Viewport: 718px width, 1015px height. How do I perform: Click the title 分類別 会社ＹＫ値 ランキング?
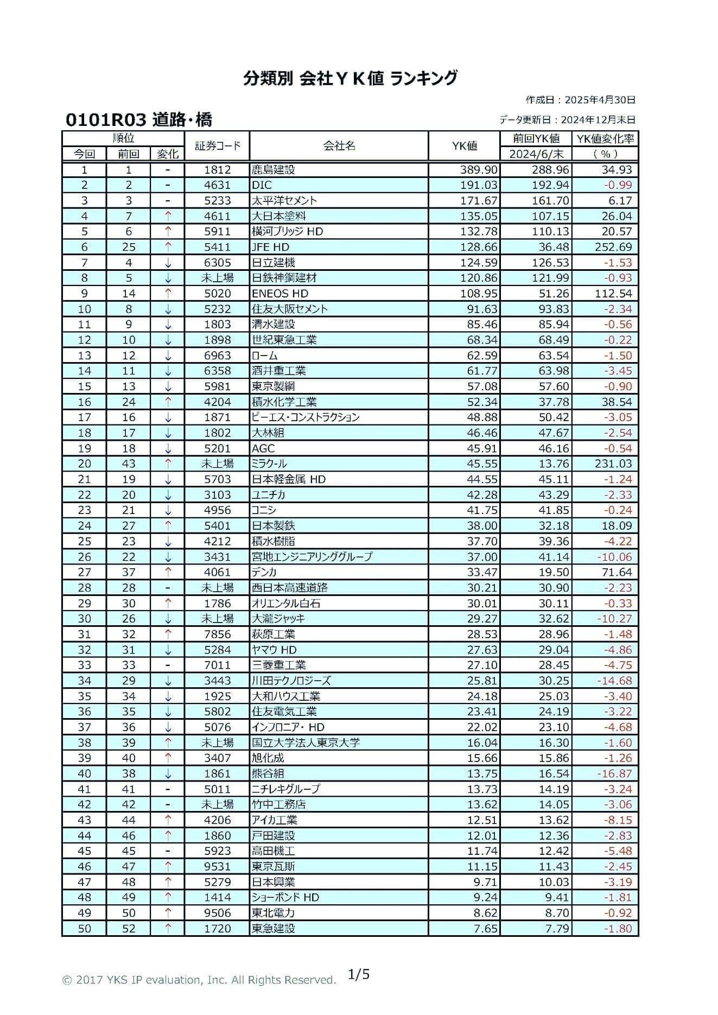point(350,79)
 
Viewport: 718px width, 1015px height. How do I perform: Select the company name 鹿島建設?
point(274,170)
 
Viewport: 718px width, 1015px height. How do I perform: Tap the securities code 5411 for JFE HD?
point(217,248)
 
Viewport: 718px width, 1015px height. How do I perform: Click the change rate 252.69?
point(613,248)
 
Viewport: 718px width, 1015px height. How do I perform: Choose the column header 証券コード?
point(217,145)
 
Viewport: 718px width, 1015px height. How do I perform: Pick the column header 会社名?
point(339,145)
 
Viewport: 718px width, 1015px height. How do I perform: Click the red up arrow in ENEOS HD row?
point(168,294)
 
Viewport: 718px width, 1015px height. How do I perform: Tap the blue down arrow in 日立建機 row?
point(168,263)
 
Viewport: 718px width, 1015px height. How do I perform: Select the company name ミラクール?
point(270,464)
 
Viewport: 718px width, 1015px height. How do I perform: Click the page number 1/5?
point(359,974)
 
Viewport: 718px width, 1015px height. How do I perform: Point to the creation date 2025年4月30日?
point(600,100)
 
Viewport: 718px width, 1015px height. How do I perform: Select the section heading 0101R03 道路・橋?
point(139,119)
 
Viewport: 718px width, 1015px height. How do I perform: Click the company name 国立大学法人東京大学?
point(306,743)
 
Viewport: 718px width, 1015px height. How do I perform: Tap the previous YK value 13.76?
point(554,464)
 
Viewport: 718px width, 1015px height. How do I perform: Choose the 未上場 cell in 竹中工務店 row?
point(217,805)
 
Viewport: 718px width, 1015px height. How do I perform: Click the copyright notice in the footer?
point(199,980)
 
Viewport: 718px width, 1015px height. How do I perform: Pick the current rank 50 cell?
point(85,929)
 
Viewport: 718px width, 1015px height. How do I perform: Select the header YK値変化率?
point(605,139)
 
